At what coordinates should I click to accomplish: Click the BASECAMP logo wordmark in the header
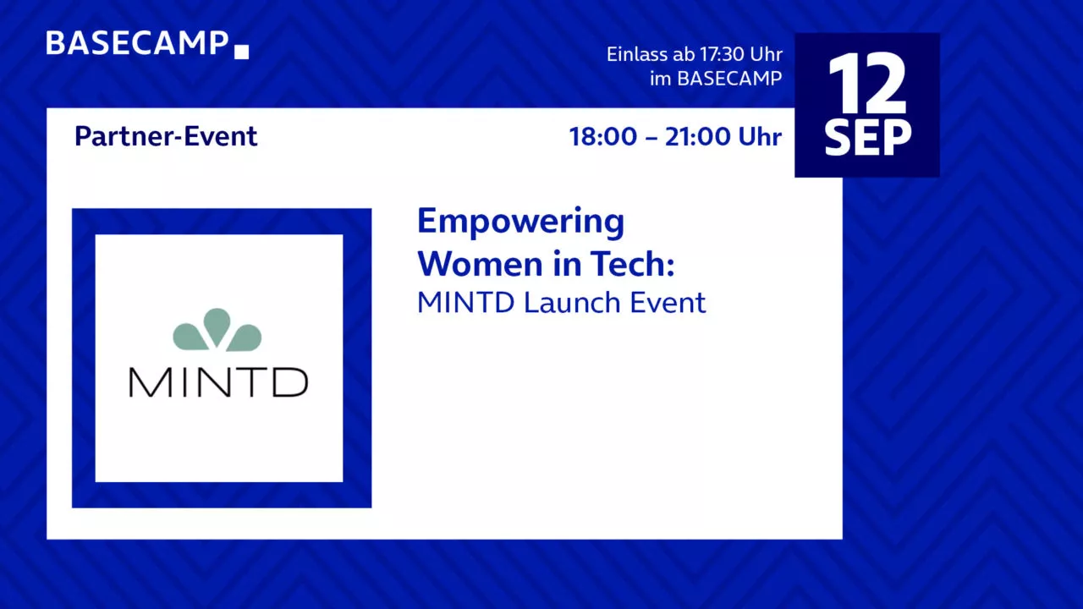[137, 43]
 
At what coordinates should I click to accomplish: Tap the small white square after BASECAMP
[242, 52]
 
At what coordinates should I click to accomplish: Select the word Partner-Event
[166, 136]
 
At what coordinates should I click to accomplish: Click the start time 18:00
[603, 136]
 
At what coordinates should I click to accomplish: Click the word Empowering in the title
[520, 222]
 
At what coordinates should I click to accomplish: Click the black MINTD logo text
[218, 382]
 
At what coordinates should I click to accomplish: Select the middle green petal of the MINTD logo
[217, 327]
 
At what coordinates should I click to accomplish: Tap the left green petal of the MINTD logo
[190, 337]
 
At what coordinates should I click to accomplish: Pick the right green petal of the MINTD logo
[245, 337]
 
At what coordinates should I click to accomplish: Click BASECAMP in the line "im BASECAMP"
[729, 79]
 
